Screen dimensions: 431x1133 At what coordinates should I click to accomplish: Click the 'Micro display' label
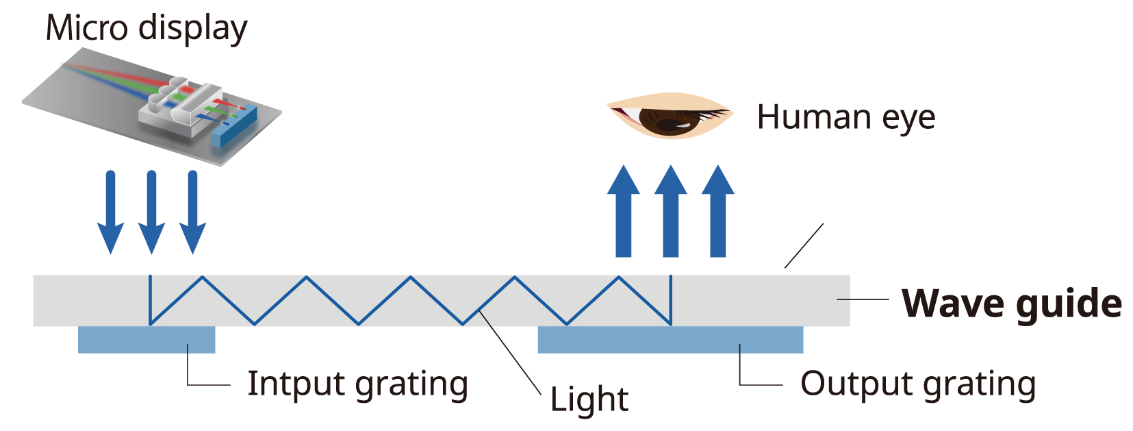146,29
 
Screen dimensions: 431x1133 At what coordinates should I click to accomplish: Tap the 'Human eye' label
845,117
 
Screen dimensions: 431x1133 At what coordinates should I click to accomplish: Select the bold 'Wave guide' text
1011,303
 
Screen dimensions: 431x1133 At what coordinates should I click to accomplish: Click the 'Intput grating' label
357,384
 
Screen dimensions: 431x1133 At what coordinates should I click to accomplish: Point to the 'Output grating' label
917,384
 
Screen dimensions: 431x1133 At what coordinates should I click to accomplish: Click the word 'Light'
589,399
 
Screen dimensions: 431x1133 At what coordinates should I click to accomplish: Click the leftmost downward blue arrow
110,212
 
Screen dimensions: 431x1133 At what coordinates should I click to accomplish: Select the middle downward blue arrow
151,212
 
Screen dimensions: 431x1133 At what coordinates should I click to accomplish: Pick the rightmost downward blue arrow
192,212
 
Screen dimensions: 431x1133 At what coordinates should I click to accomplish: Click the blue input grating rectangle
147,340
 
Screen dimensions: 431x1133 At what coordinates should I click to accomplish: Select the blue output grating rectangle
670,340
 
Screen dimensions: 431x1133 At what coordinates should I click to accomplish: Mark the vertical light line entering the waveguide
150,300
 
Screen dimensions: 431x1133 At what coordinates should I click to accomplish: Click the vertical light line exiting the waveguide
670,300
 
